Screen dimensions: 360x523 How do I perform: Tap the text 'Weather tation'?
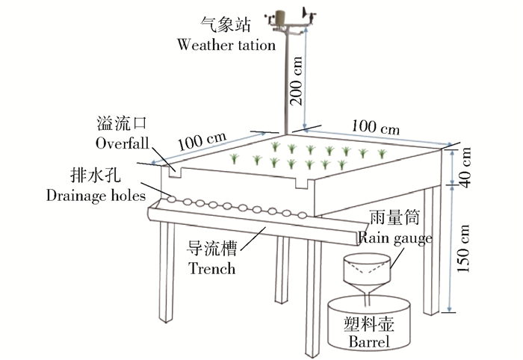226,44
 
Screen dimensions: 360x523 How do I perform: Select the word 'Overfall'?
123,142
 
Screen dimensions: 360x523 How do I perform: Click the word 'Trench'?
211,268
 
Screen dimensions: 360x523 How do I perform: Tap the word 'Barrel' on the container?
370,343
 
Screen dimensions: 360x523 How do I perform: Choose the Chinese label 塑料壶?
369,324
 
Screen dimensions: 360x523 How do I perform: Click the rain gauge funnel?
366,273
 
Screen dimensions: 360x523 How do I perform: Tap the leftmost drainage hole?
172,199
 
